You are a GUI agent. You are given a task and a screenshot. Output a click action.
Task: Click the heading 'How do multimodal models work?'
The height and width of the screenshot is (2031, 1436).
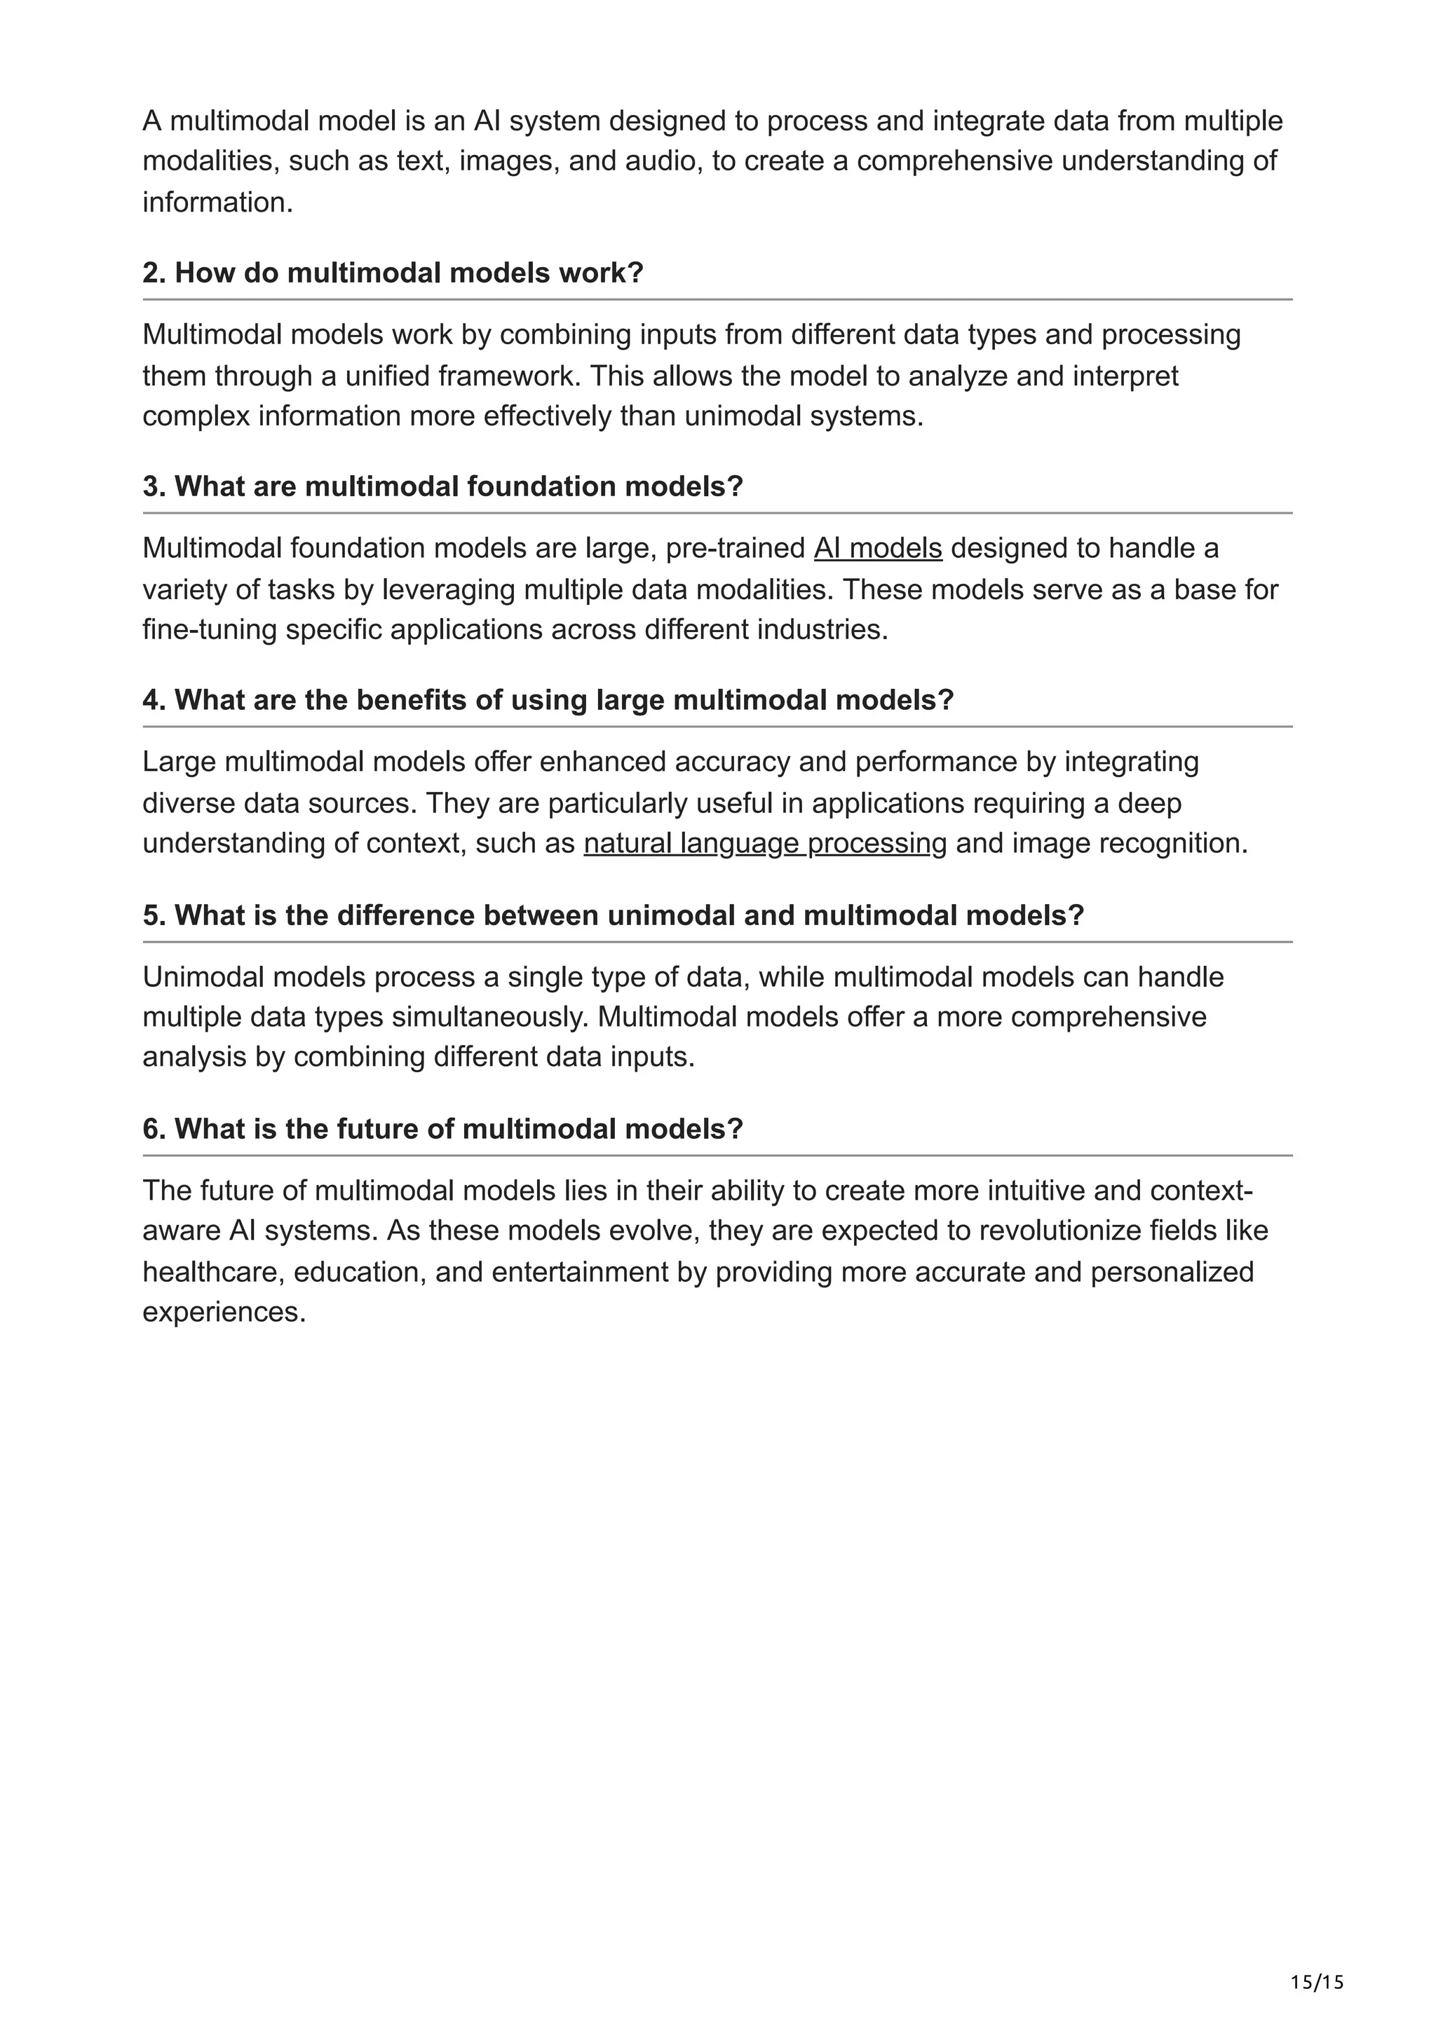pos(393,273)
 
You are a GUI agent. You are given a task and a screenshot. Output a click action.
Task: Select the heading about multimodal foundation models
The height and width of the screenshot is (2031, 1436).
pos(442,486)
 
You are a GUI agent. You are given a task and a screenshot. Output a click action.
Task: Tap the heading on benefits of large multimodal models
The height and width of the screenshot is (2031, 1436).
pos(548,701)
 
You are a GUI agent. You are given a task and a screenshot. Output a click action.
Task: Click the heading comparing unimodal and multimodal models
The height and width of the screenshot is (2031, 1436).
pos(613,915)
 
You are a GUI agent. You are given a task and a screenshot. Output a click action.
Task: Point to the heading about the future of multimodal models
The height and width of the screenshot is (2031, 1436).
pos(442,1129)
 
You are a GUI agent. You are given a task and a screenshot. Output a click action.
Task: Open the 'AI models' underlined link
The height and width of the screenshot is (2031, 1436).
pos(878,549)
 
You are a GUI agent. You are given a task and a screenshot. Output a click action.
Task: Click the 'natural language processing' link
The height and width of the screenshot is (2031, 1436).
pos(764,843)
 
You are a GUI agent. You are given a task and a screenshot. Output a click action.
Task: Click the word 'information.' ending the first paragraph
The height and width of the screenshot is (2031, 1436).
pos(217,203)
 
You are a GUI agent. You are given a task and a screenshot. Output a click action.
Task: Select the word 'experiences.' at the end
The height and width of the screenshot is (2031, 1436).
pos(224,1312)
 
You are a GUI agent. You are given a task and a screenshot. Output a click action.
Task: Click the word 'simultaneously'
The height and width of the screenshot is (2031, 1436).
pos(489,1018)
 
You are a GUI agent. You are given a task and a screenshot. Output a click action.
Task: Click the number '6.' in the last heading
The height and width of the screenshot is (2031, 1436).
pos(154,1129)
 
